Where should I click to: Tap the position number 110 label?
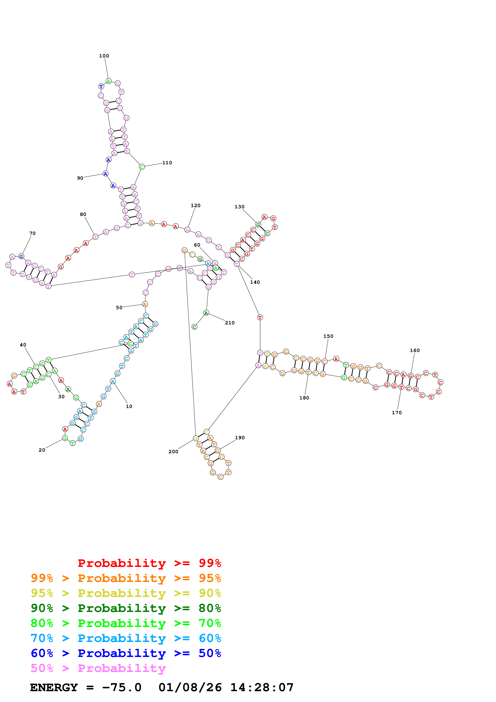click(x=167, y=163)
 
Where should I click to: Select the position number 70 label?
click(x=32, y=233)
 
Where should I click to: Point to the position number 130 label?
click(x=239, y=207)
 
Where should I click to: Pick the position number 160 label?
click(x=415, y=350)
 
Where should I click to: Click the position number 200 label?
click(x=173, y=452)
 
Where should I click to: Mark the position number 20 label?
click(x=42, y=450)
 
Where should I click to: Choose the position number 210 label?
click(x=230, y=323)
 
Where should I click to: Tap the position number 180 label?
click(x=304, y=398)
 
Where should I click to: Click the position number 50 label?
click(x=119, y=308)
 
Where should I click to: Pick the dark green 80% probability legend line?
click(x=126, y=608)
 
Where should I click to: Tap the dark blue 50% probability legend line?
click(x=126, y=653)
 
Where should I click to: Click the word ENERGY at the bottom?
click(x=54, y=687)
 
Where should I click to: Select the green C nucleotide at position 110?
click(x=142, y=167)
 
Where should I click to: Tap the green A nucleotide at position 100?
click(x=108, y=81)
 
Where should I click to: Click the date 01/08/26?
click(x=190, y=687)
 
